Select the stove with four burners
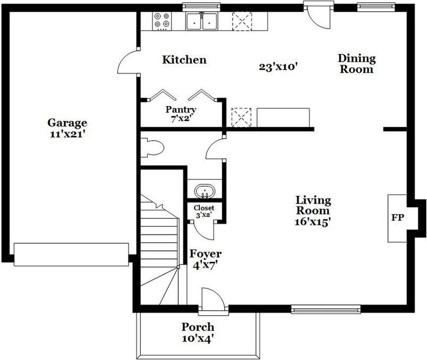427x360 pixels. point(163,21)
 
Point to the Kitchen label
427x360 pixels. point(184,59)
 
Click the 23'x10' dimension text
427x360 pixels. point(277,67)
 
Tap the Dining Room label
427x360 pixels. point(356,64)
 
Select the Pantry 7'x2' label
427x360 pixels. point(181,114)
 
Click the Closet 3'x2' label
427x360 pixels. point(204,211)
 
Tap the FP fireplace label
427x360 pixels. point(396,218)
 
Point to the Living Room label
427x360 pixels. point(313,205)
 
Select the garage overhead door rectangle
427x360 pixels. point(71,254)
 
